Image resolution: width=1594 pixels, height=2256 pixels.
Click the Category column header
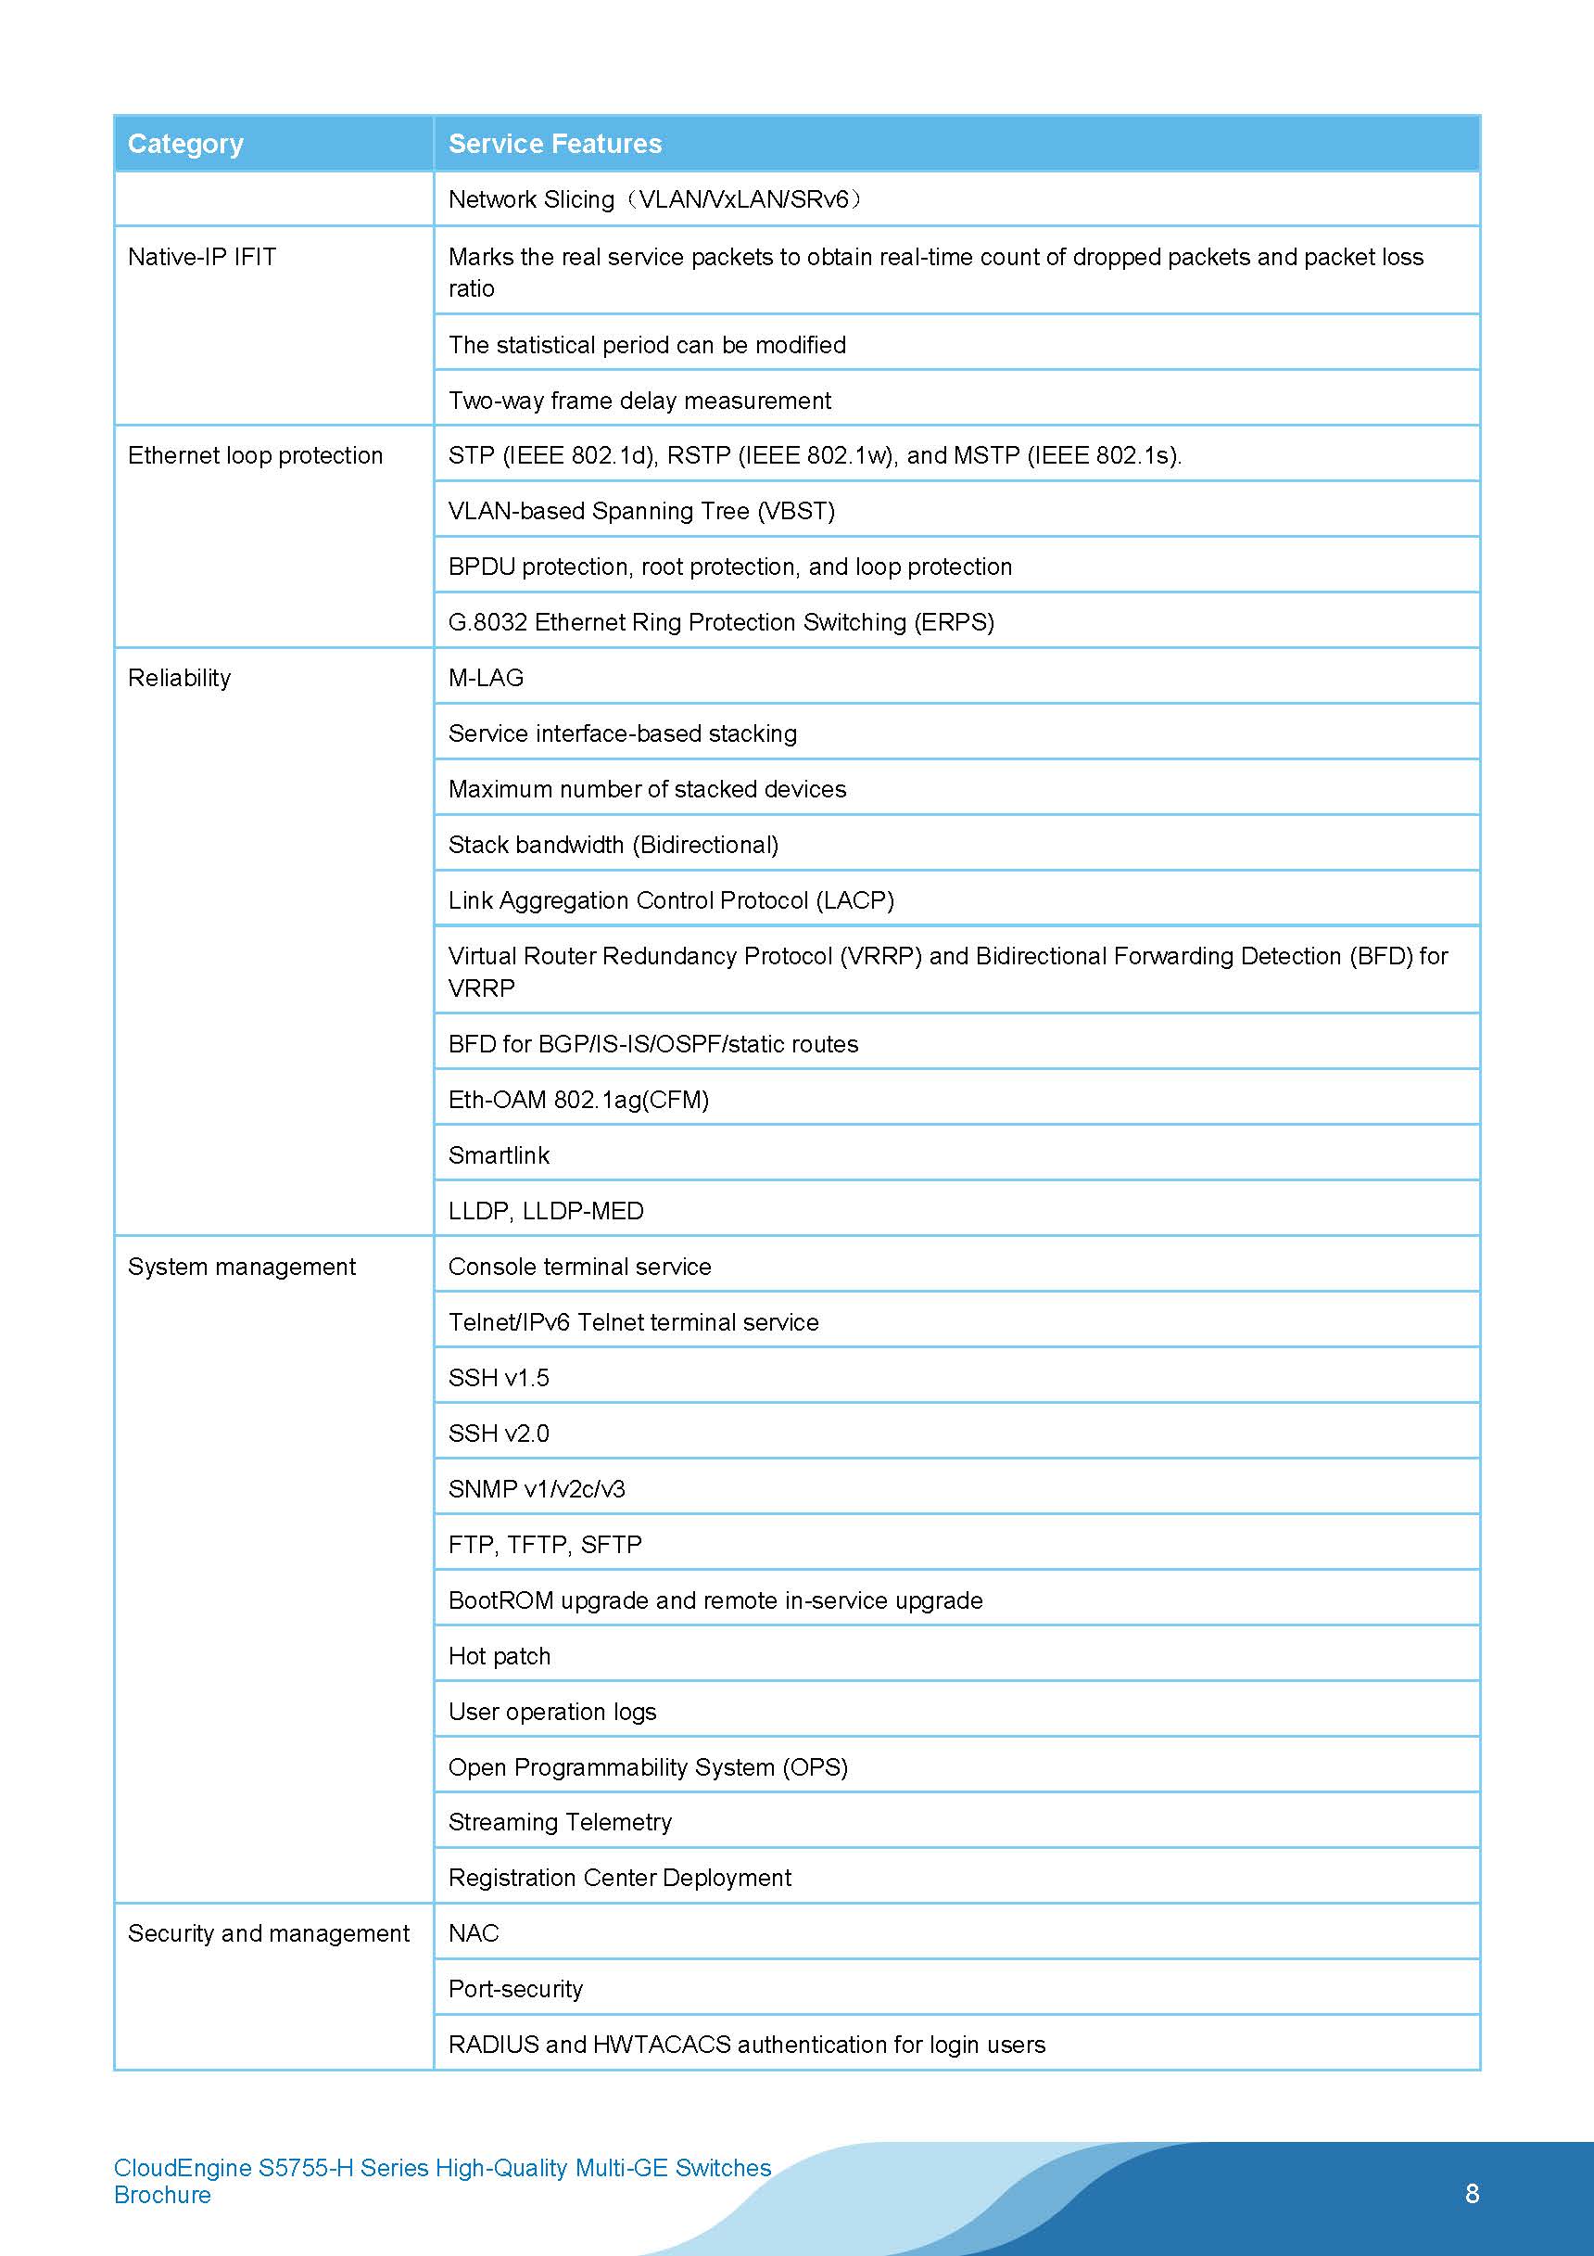point(185,144)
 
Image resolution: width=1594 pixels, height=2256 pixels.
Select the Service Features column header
point(555,144)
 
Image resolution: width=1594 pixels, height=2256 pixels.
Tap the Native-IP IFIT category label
point(202,257)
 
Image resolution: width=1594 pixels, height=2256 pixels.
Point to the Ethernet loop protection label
point(256,455)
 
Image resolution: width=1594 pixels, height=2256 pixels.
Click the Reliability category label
point(180,678)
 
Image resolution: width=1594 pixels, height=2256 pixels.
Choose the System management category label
point(242,1267)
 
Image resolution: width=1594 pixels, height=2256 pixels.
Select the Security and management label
point(268,1932)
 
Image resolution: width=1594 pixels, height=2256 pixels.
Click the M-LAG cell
point(487,678)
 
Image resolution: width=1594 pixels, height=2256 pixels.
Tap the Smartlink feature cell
point(499,1155)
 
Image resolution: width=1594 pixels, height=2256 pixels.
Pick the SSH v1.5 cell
point(499,1378)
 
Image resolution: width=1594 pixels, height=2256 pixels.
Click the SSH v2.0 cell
point(499,1434)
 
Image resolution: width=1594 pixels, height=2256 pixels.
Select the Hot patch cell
point(499,1656)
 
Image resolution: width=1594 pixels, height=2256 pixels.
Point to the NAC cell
point(474,1932)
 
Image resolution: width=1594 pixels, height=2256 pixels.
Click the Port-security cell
point(515,1989)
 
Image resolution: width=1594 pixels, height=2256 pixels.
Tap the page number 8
point(1472,2193)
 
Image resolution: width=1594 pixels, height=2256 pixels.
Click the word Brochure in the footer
point(162,2195)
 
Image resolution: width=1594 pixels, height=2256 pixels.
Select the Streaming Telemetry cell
point(560,1822)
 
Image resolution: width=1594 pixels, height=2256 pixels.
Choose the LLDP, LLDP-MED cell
point(546,1211)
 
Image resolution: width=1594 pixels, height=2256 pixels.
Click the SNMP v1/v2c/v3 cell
point(537,1488)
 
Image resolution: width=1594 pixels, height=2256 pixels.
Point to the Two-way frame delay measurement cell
point(639,400)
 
